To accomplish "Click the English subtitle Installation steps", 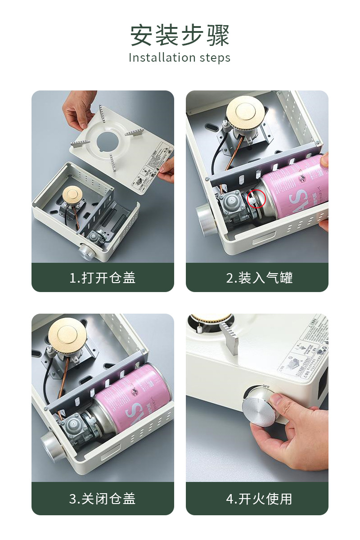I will (x=180, y=58).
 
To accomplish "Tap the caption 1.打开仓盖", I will (x=103, y=278).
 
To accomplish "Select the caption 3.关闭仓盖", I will (x=103, y=499).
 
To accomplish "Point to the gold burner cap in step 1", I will (x=73, y=194).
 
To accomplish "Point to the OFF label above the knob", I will (x=266, y=387).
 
